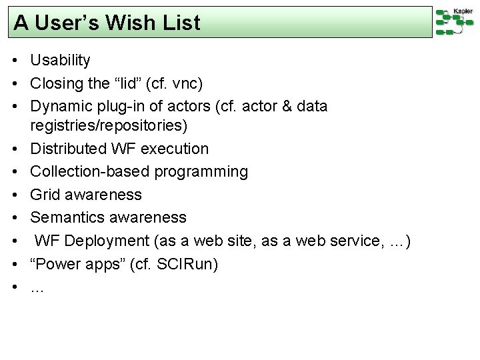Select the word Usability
coord(60,61)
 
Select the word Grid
coord(45,195)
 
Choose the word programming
coord(202,172)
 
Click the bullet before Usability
coord(14,61)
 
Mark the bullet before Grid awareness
coord(14,195)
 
